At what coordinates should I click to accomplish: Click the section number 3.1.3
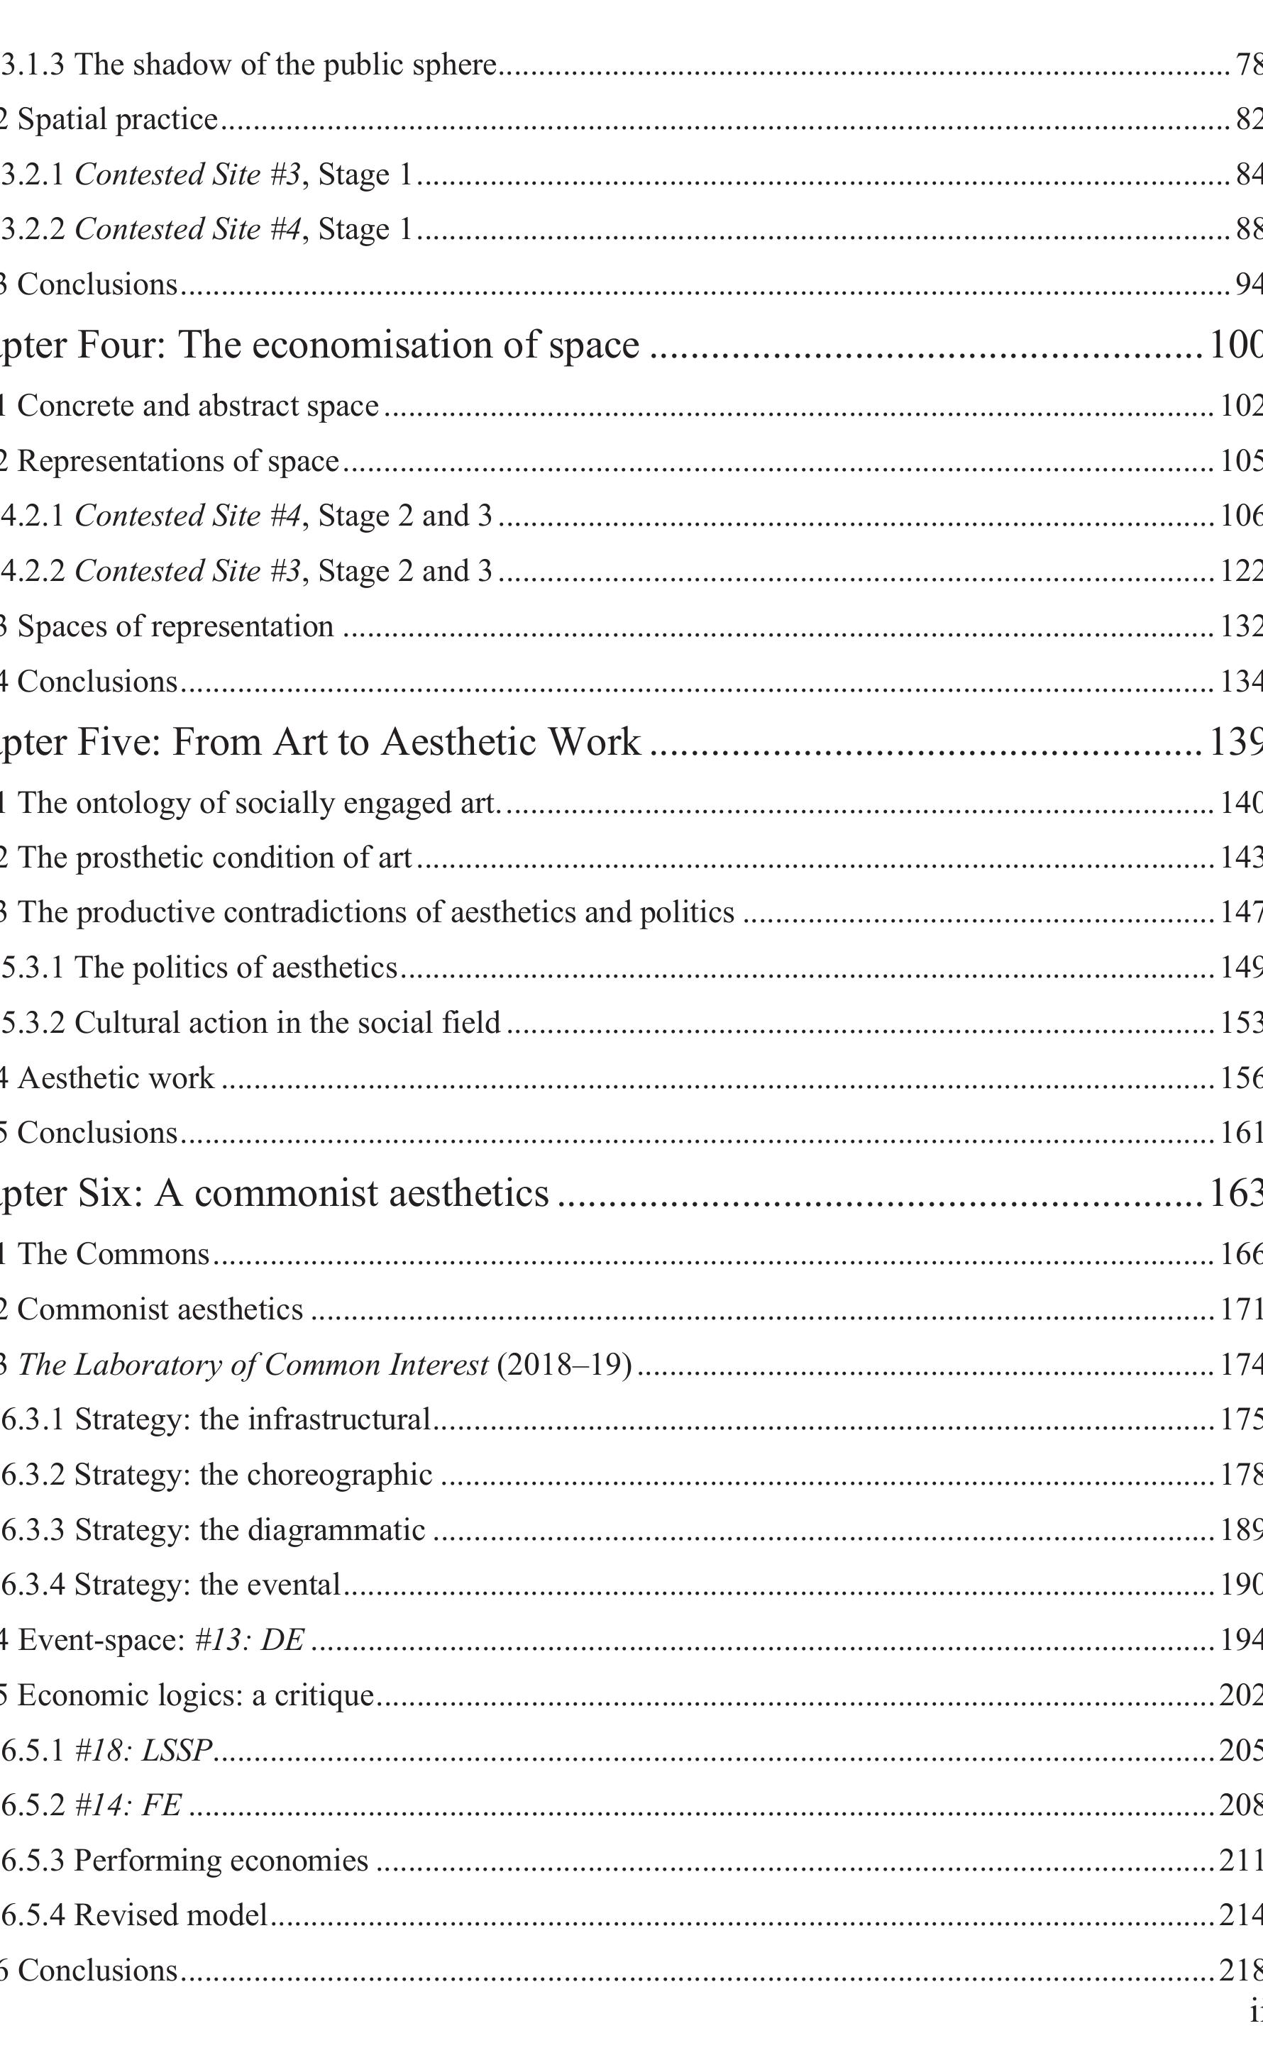pos(33,65)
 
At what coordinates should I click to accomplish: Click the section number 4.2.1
pos(33,516)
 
